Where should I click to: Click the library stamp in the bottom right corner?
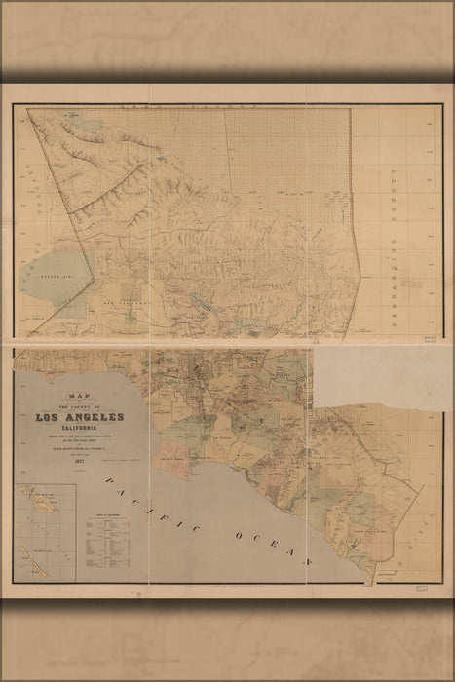pos(421,591)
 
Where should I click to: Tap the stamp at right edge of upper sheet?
pos(429,339)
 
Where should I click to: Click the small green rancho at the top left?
pos(71,125)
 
